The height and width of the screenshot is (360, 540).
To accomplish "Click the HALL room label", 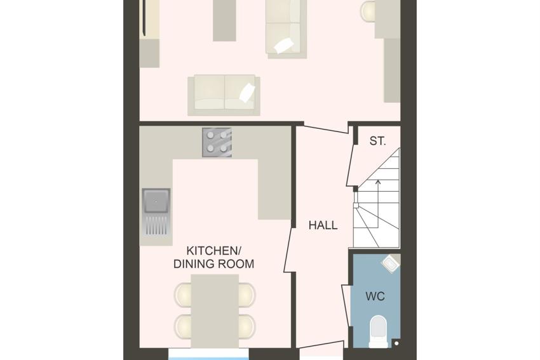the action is click(x=323, y=225).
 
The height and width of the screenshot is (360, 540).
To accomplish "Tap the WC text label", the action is click(x=375, y=297).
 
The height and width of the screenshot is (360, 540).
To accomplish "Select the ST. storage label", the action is click(x=378, y=141).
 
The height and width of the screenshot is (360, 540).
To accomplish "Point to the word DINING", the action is click(x=191, y=264).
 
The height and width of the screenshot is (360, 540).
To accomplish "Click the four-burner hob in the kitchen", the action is click(x=217, y=142).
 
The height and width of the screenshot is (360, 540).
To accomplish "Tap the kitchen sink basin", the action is click(x=156, y=201).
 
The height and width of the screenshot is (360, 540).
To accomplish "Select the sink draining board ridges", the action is click(x=157, y=225).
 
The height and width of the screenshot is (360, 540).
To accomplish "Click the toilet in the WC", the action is click(x=378, y=331).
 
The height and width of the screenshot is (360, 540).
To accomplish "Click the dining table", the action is click(x=215, y=310).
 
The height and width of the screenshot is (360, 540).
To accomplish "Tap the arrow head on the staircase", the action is click(x=378, y=182).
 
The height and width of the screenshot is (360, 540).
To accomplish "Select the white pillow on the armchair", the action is click(x=284, y=45).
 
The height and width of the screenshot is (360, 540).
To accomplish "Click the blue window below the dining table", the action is click(x=208, y=354).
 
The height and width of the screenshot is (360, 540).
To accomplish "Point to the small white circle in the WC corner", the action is click(x=396, y=343).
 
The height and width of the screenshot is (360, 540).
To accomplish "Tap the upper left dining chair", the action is click(x=183, y=295).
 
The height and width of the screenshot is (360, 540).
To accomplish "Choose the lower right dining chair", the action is click(x=247, y=326).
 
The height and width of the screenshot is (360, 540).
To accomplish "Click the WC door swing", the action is click(x=346, y=306).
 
